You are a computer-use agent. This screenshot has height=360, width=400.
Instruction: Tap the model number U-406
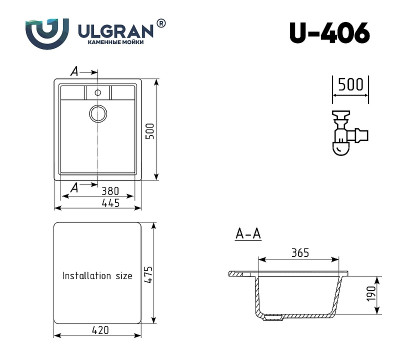[x=329, y=33]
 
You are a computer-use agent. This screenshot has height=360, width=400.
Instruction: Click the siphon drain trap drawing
[x=345, y=132]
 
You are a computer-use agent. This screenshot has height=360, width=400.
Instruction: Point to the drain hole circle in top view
[x=98, y=113]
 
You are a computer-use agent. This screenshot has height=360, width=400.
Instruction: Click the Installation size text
[x=96, y=274]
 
